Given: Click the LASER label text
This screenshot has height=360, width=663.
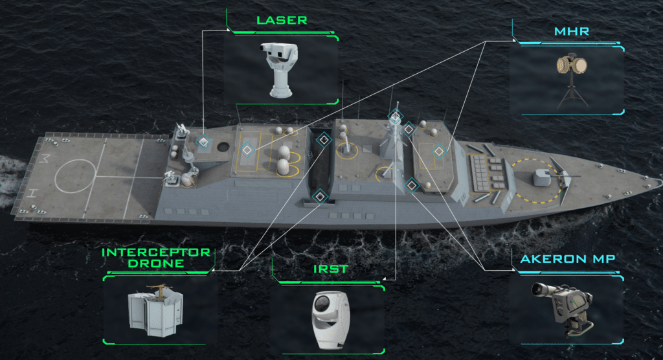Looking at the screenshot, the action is [x=282, y=20].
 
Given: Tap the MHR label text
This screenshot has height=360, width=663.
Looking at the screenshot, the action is [x=571, y=31].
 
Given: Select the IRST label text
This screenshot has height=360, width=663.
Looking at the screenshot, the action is [x=331, y=269].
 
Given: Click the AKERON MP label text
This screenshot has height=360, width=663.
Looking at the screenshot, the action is [x=567, y=259].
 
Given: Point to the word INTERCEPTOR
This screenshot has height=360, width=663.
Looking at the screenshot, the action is [x=156, y=252].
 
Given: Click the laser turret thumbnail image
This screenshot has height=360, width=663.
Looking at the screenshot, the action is [x=279, y=69].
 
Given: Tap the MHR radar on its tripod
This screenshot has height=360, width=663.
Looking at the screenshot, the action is [x=572, y=80].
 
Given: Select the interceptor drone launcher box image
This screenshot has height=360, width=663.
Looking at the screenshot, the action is [x=155, y=311].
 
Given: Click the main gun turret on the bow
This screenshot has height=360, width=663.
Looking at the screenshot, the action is [x=543, y=177].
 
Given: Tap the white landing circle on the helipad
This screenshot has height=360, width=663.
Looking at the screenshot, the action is [x=75, y=176].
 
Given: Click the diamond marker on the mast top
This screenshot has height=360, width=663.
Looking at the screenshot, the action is [x=396, y=116].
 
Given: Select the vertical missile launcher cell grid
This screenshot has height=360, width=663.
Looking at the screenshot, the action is [x=480, y=173].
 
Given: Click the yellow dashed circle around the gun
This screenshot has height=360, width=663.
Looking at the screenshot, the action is [x=536, y=181].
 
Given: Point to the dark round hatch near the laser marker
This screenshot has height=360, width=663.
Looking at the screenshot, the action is [x=223, y=148].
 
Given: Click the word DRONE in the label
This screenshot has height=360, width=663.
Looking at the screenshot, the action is [x=156, y=264].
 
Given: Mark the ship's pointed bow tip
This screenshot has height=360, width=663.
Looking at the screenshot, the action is [x=660, y=182].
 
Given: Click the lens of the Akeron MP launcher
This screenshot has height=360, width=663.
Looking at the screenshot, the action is [x=537, y=289].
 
